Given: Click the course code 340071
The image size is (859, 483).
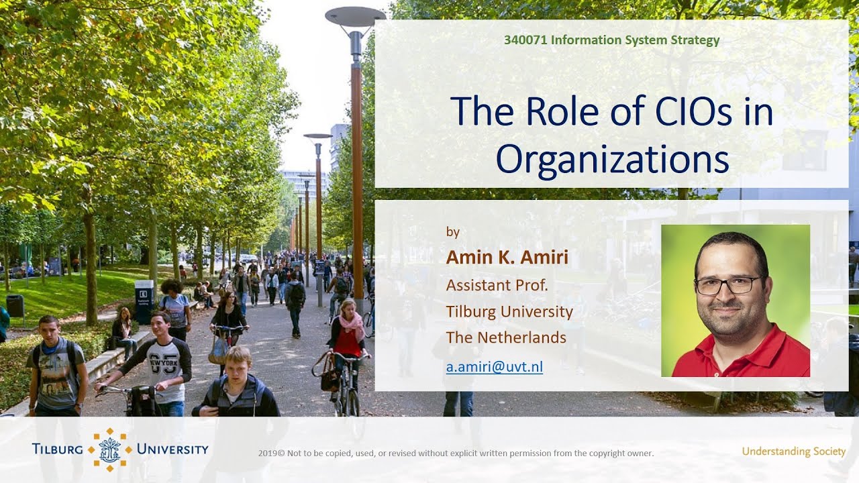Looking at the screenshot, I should pos(525,40).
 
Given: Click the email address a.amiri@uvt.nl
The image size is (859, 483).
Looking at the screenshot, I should pos(495,366).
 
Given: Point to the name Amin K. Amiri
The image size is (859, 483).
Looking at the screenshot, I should pos(499,258).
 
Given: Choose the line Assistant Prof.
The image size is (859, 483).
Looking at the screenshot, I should pos(497,285).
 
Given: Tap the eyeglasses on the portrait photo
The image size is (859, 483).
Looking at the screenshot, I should pos(727,284).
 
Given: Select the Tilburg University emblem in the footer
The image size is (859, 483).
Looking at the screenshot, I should pos(107,449).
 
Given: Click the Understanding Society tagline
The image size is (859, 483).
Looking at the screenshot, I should pos(793,451).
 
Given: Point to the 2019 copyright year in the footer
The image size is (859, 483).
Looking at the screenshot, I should pos(268,453).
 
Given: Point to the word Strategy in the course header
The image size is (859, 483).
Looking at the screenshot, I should pos(695,40).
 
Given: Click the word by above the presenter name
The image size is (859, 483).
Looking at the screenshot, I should pos(453,232).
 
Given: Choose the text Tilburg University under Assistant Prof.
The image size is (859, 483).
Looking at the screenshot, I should pos(509,311).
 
